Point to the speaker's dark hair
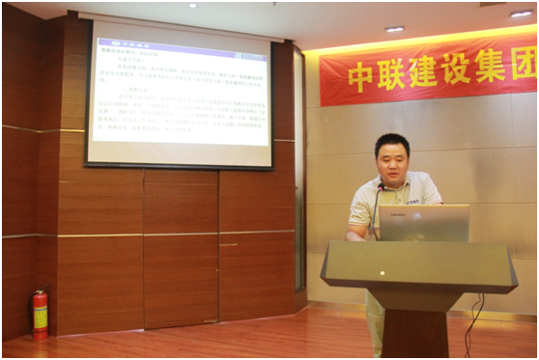tap(392, 142)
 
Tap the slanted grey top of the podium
tap(418, 264)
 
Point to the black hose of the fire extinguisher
tap(33, 305)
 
